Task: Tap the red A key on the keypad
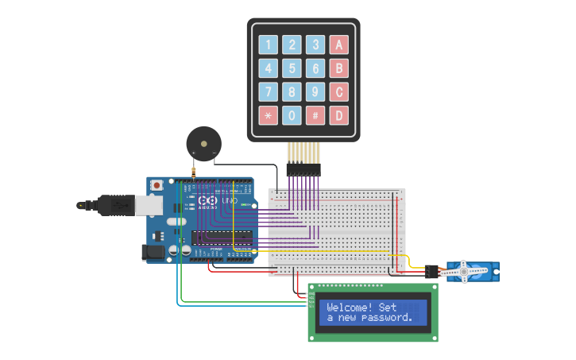pos(339,45)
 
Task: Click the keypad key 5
pos(292,68)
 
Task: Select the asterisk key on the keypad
pos(269,116)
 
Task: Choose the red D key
pos(339,116)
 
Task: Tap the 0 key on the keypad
pos(292,116)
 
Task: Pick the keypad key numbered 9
pos(316,92)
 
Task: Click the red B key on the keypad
pos(339,68)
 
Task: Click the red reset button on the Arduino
pos(157,185)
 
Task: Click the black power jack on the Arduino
pos(153,252)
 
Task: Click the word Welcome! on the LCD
pos(350,308)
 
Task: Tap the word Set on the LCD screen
pos(388,308)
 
